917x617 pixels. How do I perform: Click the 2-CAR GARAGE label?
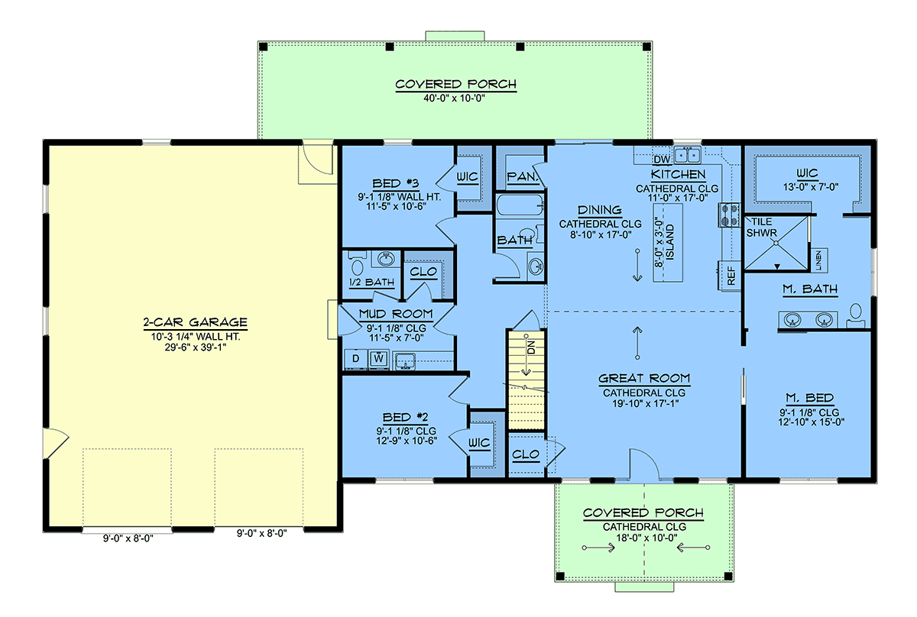pyautogui.click(x=196, y=322)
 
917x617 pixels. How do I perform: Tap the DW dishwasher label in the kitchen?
pyautogui.click(x=662, y=160)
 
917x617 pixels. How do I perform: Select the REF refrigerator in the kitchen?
pyautogui.click(x=731, y=276)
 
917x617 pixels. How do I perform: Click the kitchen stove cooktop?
pyautogui.click(x=730, y=215)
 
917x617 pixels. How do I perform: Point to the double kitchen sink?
pyautogui.click(x=687, y=155)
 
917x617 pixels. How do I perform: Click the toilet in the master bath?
pyautogui.click(x=856, y=317)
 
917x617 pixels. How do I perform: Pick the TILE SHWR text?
pyautogui.click(x=761, y=228)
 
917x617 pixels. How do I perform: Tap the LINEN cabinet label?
pyautogui.click(x=818, y=260)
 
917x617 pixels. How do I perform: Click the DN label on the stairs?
pyautogui.click(x=531, y=347)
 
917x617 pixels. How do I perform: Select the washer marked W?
pyautogui.click(x=379, y=359)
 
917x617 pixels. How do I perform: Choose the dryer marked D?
pyautogui.click(x=356, y=359)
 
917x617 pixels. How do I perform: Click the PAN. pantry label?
pyautogui.click(x=522, y=176)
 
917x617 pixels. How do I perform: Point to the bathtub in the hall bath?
pyautogui.click(x=520, y=205)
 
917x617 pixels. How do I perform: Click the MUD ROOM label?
pyautogui.click(x=396, y=314)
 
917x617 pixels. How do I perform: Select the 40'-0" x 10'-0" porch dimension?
pyautogui.click(x=454, y=99)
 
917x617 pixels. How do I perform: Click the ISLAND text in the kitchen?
pyautogui.click(x=669, y=242)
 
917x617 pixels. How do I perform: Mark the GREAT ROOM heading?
pyautogui.click(x=644, y=379)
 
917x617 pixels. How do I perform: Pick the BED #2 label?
pyautogui.click(x=405, y=418)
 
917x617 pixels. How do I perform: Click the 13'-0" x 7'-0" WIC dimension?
pyautogui.click(x=811, y=187)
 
